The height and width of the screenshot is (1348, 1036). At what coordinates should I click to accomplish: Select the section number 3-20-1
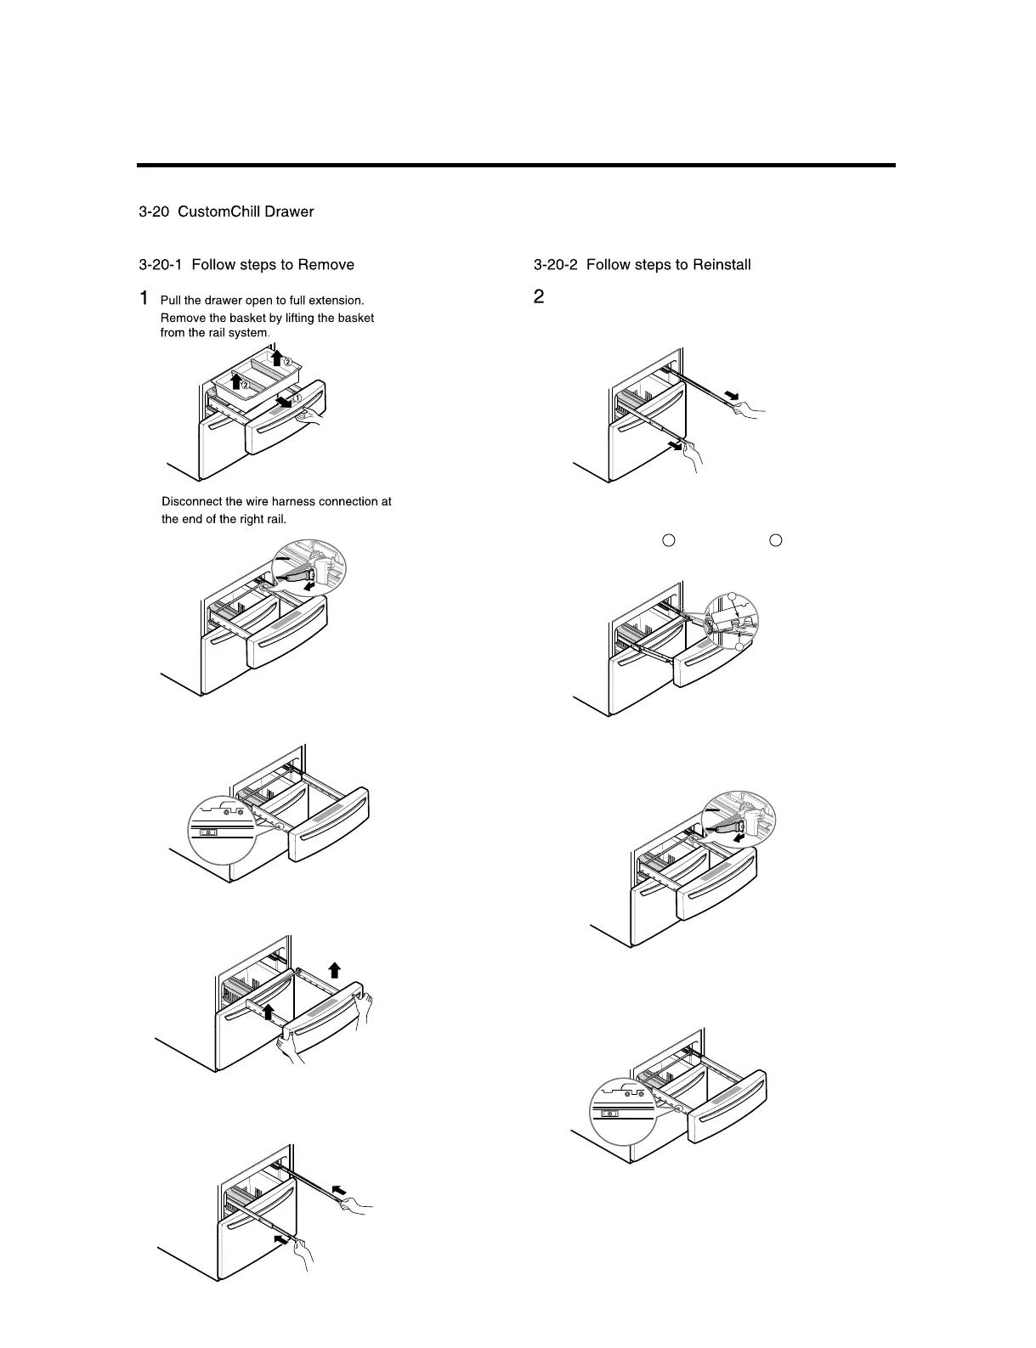click(161, 265)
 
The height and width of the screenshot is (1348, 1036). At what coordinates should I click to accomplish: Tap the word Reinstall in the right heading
click(722, 265)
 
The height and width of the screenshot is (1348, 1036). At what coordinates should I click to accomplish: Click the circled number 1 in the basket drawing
click(297, 398)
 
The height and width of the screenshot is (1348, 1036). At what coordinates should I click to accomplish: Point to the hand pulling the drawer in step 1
click(314, 415)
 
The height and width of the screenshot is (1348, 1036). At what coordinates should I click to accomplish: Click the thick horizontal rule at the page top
click(516, 165)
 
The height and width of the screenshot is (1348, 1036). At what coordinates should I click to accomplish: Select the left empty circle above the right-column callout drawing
click(668, 540)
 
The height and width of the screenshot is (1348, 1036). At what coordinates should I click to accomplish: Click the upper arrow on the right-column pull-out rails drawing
click(730, 395)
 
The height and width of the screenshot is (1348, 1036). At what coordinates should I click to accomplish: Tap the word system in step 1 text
click(249, 333)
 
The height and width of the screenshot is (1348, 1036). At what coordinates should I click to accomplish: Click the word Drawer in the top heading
click(289, 212)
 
